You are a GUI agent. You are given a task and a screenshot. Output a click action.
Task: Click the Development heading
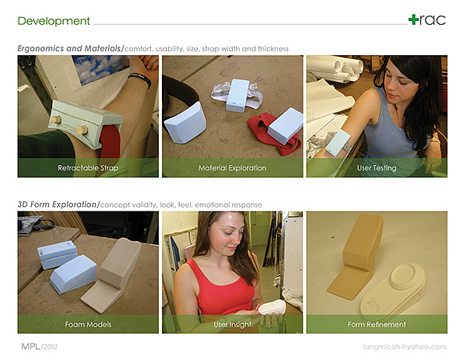pyautogui.click(x=54, y=21)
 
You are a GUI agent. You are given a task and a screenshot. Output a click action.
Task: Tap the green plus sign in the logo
pyautogui.click(x=413, y=19)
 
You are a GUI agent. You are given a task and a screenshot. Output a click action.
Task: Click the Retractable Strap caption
pyautogui.click(x=88, y=168)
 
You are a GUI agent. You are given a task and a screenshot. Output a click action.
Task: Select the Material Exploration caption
pyautogui.click(x=232, y=168)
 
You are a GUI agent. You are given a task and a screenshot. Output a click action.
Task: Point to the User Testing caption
pyautogui.click(x=377, y=168)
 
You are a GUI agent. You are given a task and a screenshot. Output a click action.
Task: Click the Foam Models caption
pyautogui.click(x=88, y=324)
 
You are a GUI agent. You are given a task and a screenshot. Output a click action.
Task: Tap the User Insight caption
pyautogui.click(x=232, y=324)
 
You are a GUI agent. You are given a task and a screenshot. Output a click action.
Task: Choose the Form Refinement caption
pyautogui.click(x=377, y=324)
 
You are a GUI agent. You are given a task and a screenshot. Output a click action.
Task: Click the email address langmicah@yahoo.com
pyautogui.click(x=405, y=347)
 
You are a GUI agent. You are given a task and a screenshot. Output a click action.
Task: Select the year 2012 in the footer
pyautogui.click(x=51, y=347)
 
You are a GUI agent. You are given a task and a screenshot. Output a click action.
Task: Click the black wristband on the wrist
pyautogui.click(x=140, y=79)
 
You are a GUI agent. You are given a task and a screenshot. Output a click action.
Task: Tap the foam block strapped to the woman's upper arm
pyautogui.click(x=338, y=142)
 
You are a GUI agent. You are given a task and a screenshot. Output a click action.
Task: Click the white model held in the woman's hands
pyautogui.click(x=272, y=307)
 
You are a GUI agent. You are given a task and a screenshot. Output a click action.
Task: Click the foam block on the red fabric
pyautogui.click(x=285, y=125)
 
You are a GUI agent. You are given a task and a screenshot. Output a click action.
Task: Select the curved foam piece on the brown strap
pyautogui.click(x=185, y=123)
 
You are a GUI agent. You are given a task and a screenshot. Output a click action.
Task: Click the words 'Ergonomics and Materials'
pyautogui.click(x=69, y=48)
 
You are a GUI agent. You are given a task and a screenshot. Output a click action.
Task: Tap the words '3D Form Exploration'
pyautogui.click(x=57, y=204)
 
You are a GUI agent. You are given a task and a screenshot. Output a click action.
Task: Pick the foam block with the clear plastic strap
pyautogui.click(x=237, y=95)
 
